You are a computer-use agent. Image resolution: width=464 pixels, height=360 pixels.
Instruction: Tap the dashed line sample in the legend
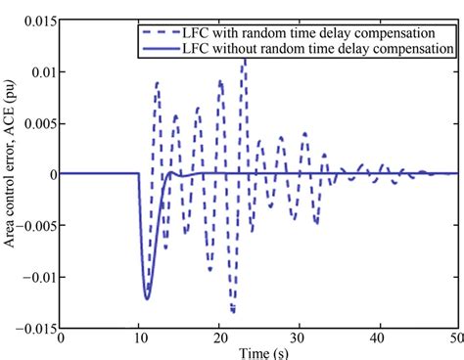(x=157, y=31)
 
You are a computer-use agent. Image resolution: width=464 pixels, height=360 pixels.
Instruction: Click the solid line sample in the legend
(x=157, y=47)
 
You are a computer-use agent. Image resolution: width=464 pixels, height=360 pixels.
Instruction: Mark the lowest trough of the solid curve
(x=147, y=298)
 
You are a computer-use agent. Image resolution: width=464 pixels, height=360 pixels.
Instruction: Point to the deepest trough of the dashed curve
(x=233, y=311)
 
